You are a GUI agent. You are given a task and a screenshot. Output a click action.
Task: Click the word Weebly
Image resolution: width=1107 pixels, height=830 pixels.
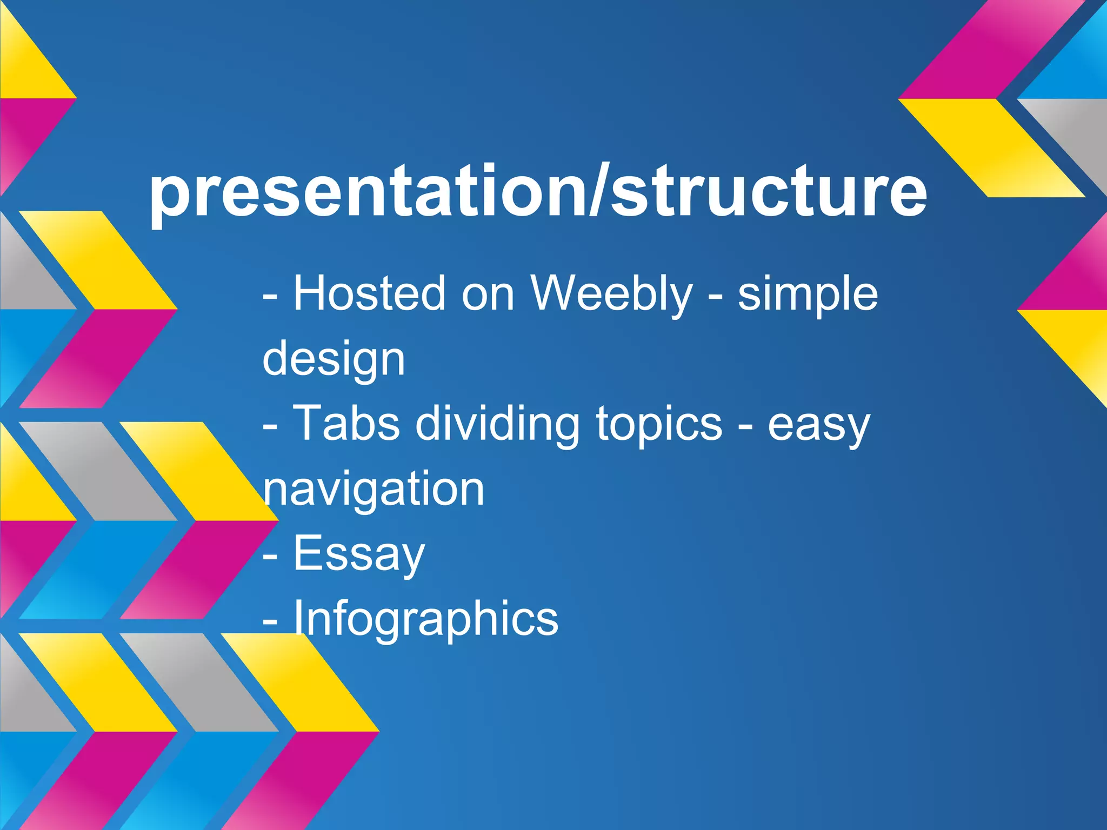[611, 294]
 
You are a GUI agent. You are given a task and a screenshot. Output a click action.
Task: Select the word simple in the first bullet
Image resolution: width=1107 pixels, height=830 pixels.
[808, 294]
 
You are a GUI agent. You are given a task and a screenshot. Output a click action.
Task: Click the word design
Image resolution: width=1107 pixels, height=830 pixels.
[334, 359]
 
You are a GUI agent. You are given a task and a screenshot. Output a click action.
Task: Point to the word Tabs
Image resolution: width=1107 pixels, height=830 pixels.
[346, 424]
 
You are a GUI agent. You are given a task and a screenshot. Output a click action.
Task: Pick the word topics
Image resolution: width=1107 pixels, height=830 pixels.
[659, 424]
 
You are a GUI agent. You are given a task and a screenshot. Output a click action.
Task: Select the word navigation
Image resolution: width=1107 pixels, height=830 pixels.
[374, 490]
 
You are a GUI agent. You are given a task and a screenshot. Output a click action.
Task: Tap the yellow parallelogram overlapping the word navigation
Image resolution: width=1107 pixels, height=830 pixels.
[200, 470]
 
